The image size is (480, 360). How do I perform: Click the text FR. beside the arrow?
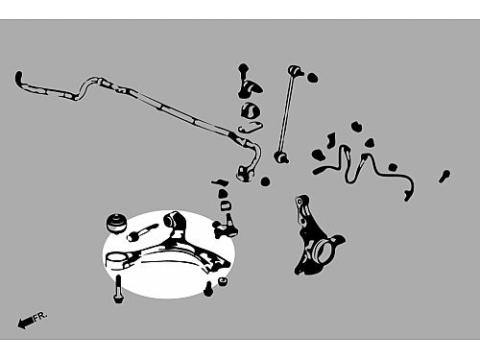point(40,316)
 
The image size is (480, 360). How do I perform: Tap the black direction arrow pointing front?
point(25,323)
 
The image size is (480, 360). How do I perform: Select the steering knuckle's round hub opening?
point(323,251)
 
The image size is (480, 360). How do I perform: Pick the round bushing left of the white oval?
point(116,223)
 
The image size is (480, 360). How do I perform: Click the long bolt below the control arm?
point(118,289)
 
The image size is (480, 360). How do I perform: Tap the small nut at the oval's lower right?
point(223,281)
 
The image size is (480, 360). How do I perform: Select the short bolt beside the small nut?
point(208,289)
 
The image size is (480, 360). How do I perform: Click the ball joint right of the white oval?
point(227,226)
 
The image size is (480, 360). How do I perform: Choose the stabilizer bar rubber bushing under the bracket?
point(251,110)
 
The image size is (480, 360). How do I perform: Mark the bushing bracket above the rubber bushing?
point(249,84)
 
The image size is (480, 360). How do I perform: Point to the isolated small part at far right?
point(444,177)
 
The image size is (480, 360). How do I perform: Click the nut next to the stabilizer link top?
point(312,78)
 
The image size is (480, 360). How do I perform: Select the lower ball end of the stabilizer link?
point(281,157)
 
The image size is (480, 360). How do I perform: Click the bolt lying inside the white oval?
point(142,232)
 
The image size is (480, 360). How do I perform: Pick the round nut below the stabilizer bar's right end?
point(265,181)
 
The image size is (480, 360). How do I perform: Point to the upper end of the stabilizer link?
point(296,70)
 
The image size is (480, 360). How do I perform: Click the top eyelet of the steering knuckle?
point(300,202)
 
